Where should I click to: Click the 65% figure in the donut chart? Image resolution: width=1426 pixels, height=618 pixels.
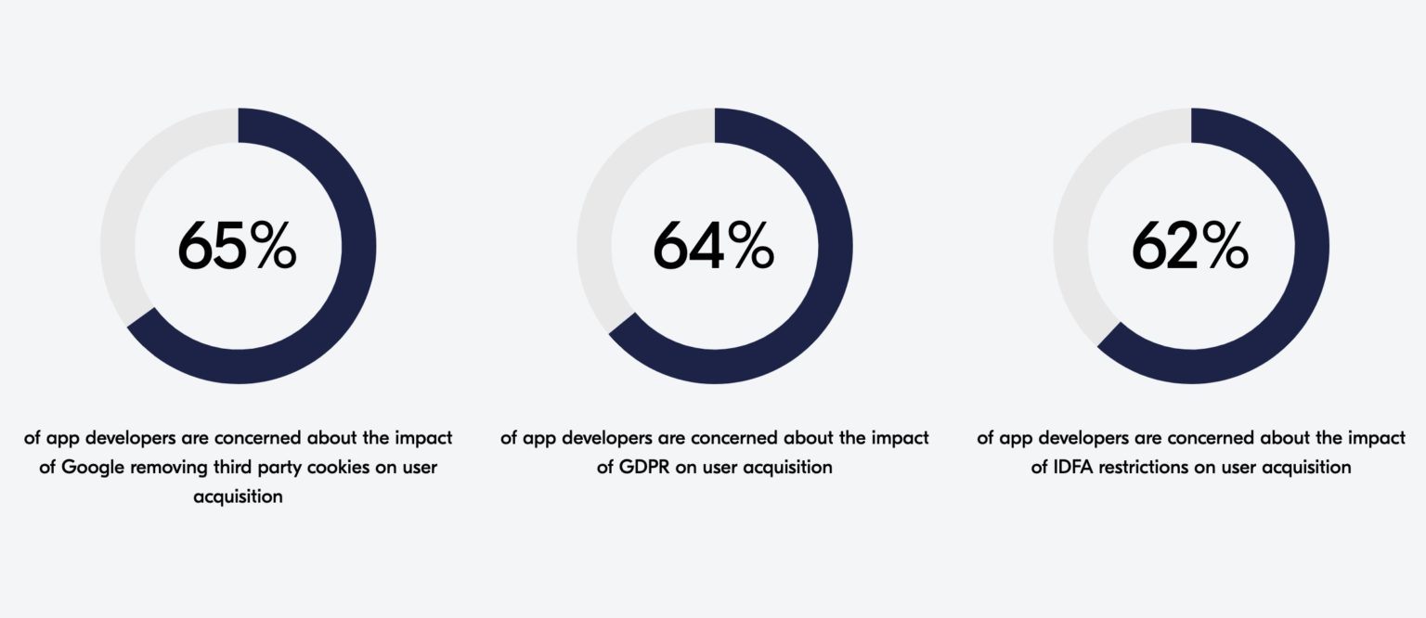click(x=237, y=246)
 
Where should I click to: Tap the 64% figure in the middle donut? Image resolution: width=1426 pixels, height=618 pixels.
click(x=714, y=246)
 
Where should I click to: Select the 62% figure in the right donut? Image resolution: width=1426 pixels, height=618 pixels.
click(x=1190, y=246)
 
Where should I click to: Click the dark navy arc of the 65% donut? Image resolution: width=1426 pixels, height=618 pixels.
click(x=358, y=246)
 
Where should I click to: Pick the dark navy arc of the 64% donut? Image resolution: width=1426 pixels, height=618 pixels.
click(x=836, y=246)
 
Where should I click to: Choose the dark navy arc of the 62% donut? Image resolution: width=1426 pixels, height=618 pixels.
click(x=1312, y=246)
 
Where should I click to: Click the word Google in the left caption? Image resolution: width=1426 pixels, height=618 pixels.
click(x=92, y=468)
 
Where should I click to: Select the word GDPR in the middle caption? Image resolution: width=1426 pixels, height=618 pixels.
click(x=644, y=467)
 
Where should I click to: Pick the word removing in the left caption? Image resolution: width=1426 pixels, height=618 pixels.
click(x=168, y=468)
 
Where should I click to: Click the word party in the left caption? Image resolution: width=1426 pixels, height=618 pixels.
click(x=280, y=468)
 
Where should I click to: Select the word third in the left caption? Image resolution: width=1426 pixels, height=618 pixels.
click(x=233, y=467)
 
